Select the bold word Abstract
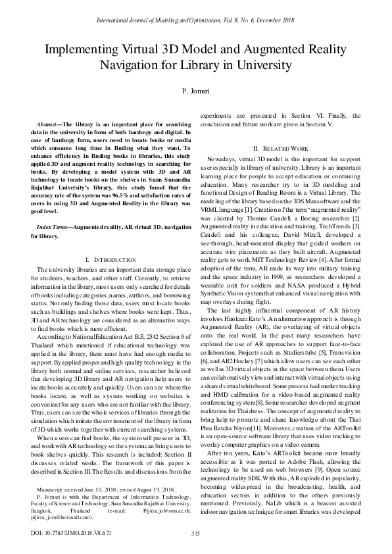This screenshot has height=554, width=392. pos(50,124)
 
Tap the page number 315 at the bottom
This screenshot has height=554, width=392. pos(195,534)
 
